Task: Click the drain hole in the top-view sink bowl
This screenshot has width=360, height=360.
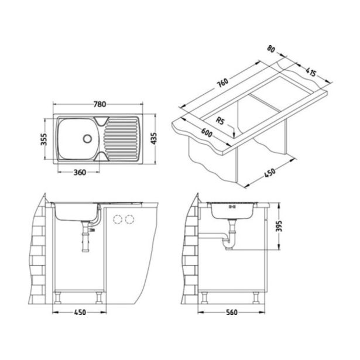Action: coord(87,139)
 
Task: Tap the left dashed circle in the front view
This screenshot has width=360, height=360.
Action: coord(116,220)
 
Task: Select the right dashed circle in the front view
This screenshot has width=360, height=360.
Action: coord(130,220)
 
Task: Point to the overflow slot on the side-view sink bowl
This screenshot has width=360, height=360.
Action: coord(231,206)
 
